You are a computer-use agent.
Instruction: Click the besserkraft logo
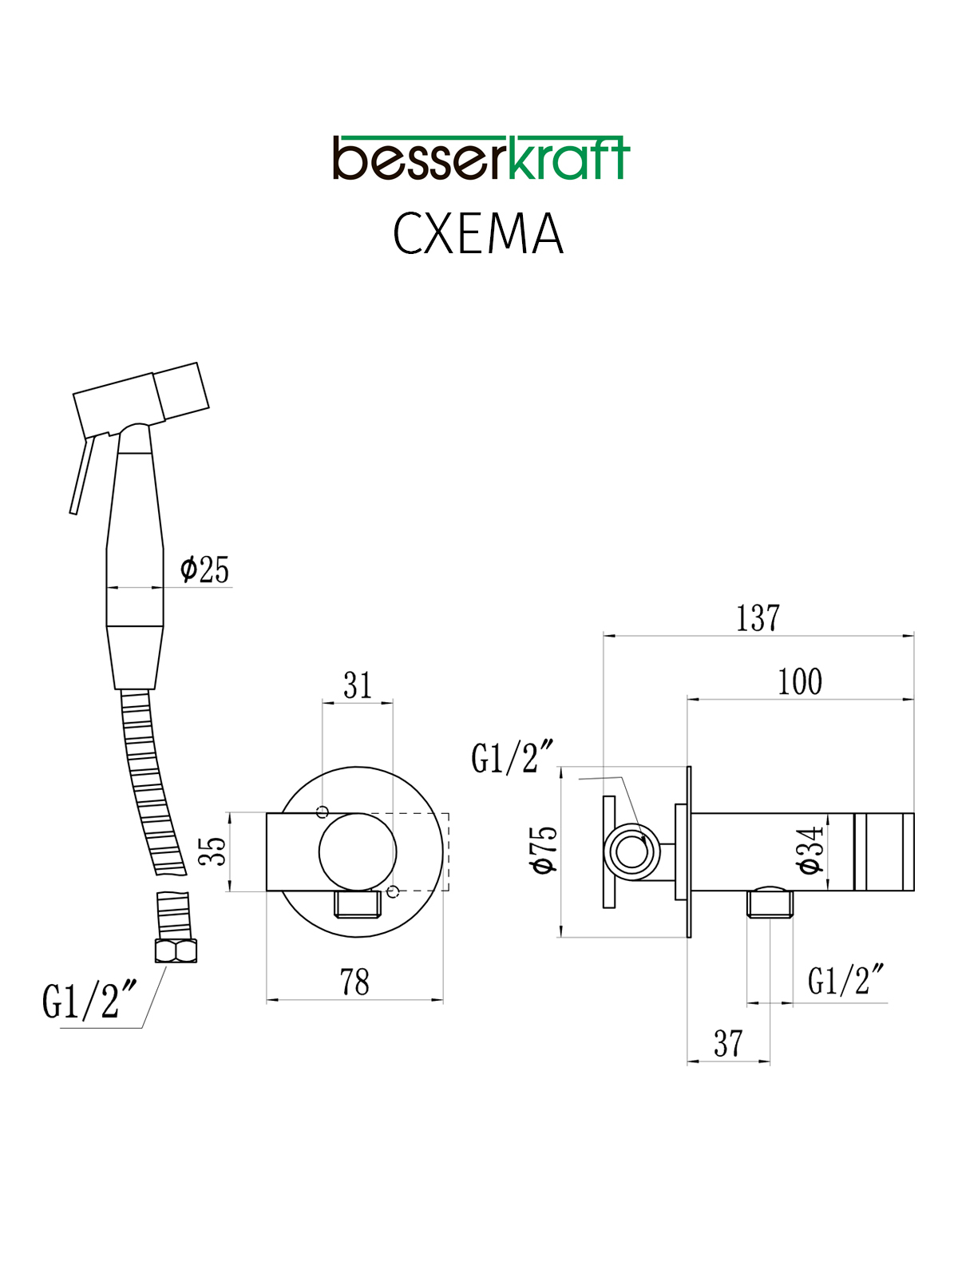point(481,158)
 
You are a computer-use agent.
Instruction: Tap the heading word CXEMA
point(478,234)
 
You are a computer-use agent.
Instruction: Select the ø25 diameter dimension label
point(204,570)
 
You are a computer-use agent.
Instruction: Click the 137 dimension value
point(758,618)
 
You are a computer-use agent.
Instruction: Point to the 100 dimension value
point(801,682)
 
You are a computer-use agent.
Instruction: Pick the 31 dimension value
point(358,685)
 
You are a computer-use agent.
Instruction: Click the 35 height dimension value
point(212,851)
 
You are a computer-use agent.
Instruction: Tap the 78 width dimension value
point(354,982)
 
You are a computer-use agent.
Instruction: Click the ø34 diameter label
point(811,850)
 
